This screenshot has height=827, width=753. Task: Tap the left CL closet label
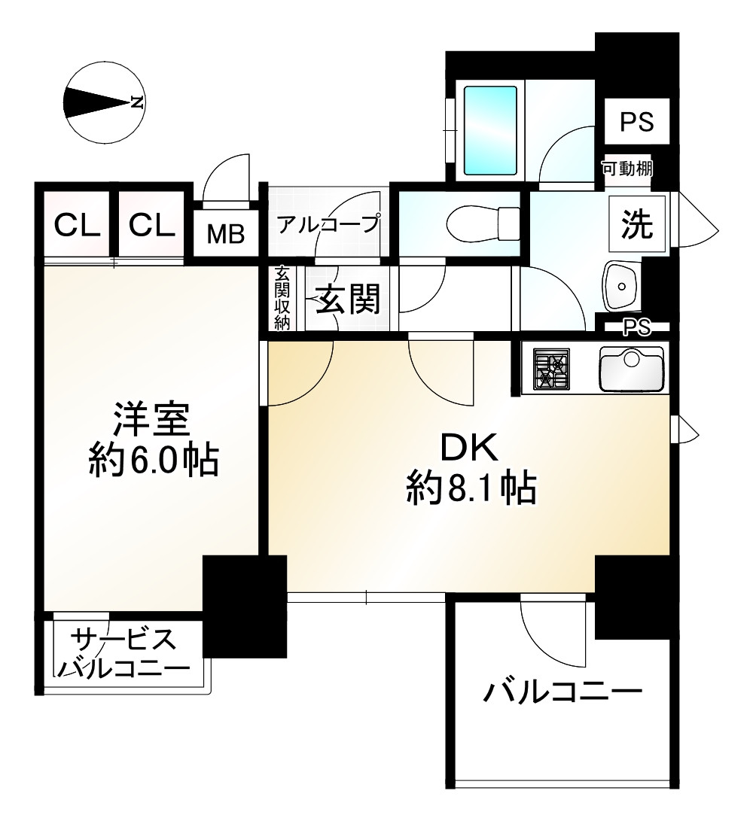(78, 224)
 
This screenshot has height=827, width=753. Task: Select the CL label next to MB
(151, 224)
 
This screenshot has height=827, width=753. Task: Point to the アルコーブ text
(328, 224)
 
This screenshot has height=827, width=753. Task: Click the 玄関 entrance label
(346, 300)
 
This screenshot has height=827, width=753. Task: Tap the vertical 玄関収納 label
(282, 298)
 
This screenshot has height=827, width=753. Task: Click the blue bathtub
(489, 129)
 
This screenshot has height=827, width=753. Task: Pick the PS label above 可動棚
(636, 122)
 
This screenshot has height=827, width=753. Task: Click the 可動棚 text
(626, 169)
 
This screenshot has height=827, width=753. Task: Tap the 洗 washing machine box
(636, 225)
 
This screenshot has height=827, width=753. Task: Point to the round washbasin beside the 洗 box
(621, 285)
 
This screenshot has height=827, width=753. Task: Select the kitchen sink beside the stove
(631, 368)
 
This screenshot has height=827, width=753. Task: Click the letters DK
(468, 450)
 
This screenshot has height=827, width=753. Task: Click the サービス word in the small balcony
(123, 641)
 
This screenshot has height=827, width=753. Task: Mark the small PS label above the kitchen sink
(636, 327)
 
